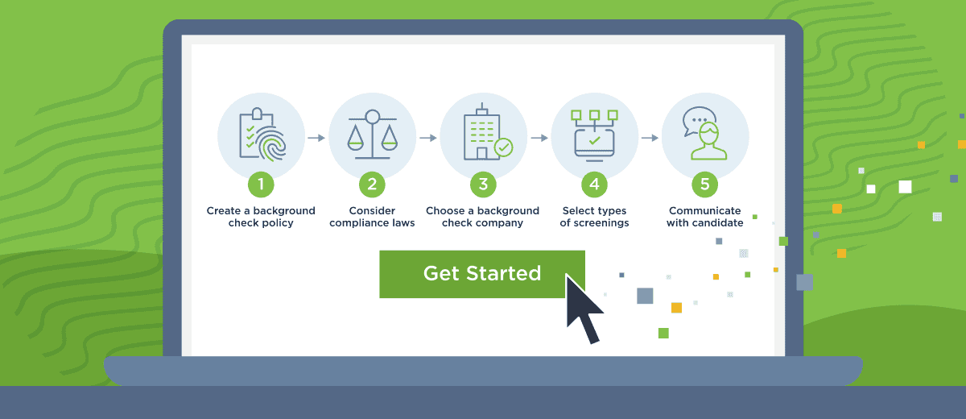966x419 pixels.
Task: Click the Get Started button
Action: click(x=481, y=274)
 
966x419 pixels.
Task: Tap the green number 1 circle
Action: click(x=261, y=185)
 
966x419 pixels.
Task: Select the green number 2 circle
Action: click(x=372, y=185)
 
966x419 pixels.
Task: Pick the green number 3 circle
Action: click(x=483, y=185)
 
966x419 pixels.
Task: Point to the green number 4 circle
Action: click(x=594, y=185)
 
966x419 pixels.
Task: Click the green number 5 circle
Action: click(x=705, y=185)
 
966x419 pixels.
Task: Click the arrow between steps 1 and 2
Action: click(x=316, y=138)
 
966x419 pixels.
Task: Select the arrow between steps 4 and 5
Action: click(x=650, y=138)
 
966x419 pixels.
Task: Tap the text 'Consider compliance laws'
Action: click(x=372, y=217)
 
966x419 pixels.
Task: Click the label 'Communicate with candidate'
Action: click(x=705, y=217)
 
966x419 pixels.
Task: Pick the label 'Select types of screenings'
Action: click(x=594, y=217)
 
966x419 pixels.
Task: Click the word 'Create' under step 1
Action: click(x=224, y=211)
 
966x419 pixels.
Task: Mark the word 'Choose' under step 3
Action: click(x=445, y=211)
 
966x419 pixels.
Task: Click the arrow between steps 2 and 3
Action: click(x=427, y=138)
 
